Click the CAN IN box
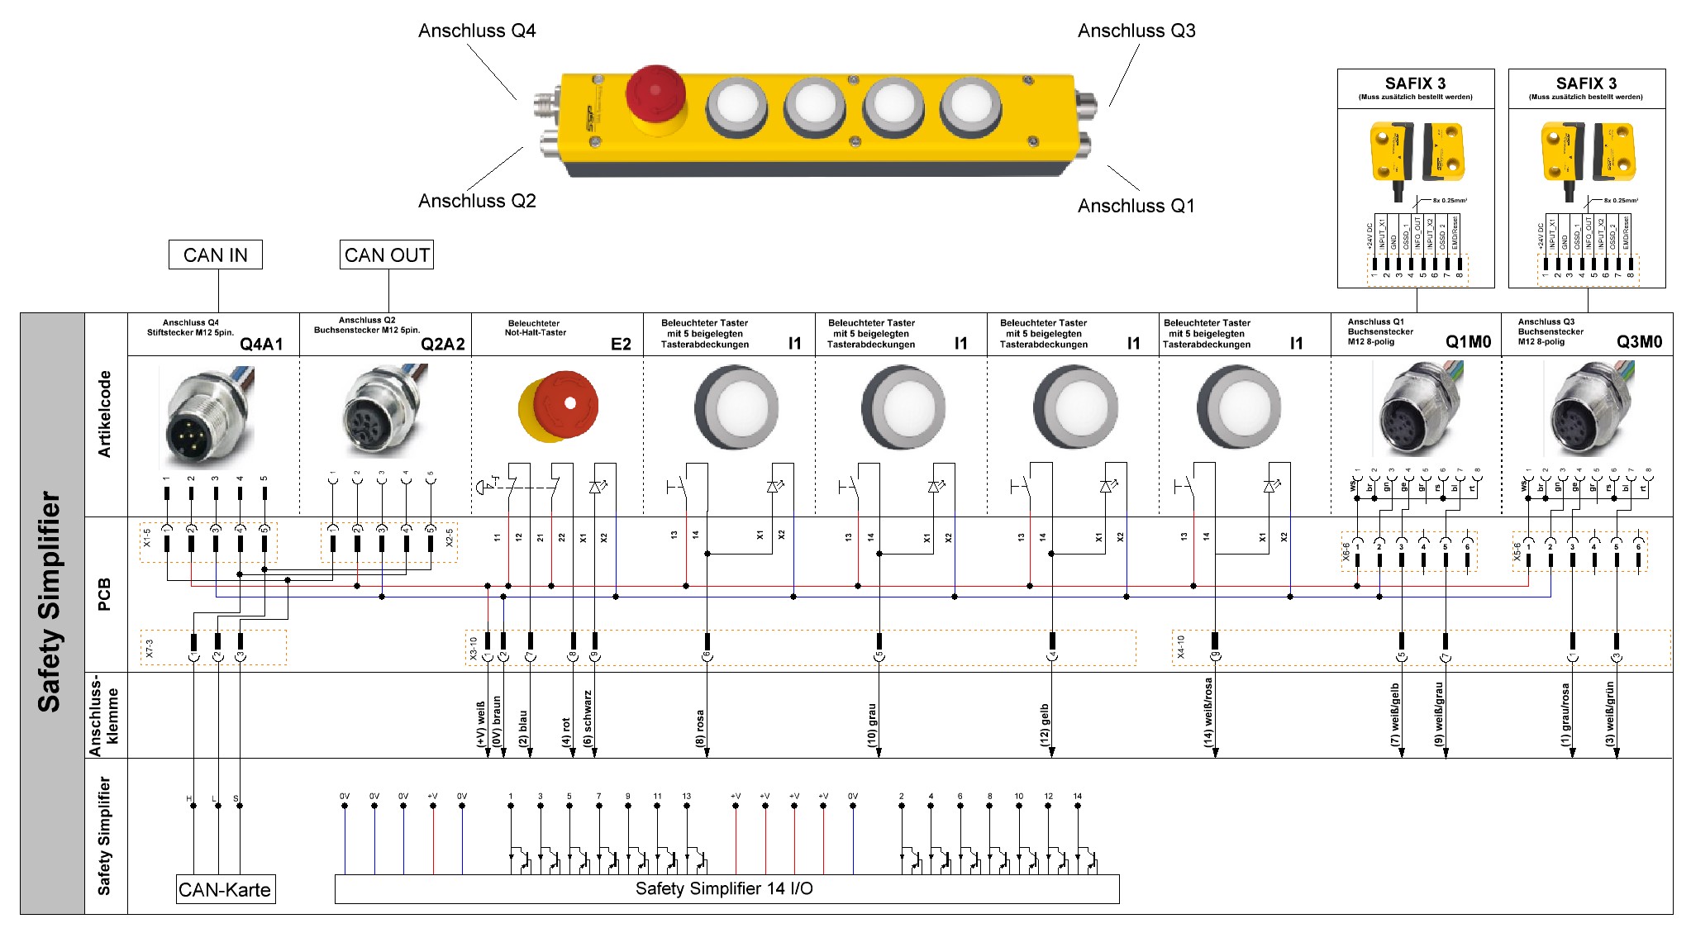click(x=215, y=255)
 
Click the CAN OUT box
click(x=387, y=255)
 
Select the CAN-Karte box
click(x=225, y=890)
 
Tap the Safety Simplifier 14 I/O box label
click(x=724, y=888)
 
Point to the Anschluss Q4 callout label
click(x=477, y=31)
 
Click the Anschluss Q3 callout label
click(x=1136, y=31)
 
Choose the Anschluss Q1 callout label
click(x=1136, y=206)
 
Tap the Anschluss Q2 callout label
click(x=477, y=201)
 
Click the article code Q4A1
click(x=261, y=344)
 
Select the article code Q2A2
click(x=443, y=344)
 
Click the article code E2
click(x=621, y=344)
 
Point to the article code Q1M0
click(x=1468, y=342)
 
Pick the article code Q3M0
click(x=1639, y=342)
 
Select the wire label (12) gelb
click(x=1045, y=725)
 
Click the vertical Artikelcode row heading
click(x=105, y=413)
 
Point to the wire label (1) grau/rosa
click(x=1565, y=715)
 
